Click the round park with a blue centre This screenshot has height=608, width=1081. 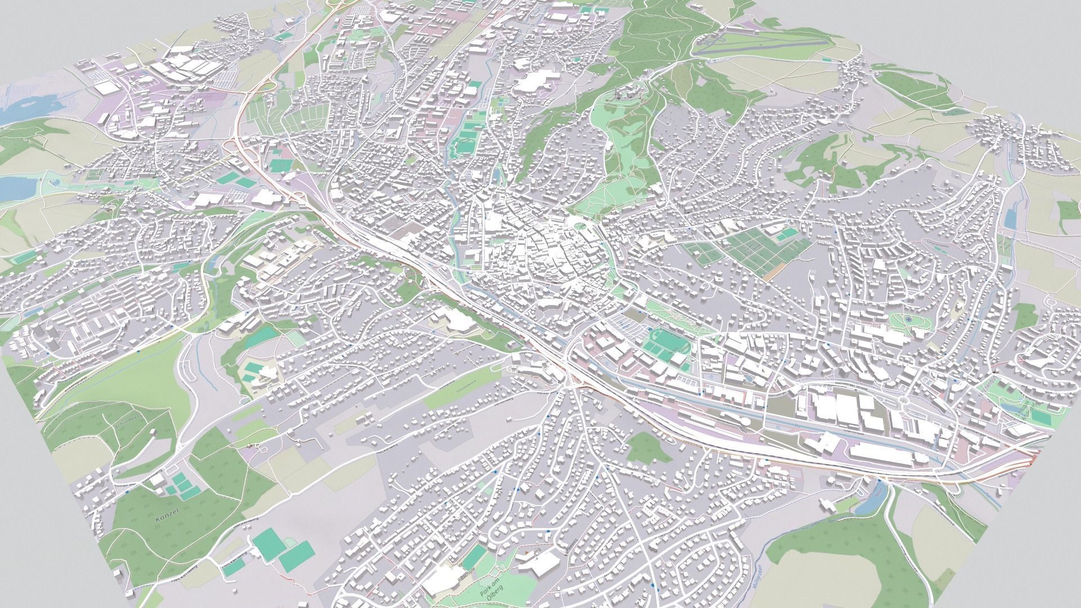click(x=908, y=320)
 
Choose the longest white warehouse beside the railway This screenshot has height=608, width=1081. click(x=881, y=453)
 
